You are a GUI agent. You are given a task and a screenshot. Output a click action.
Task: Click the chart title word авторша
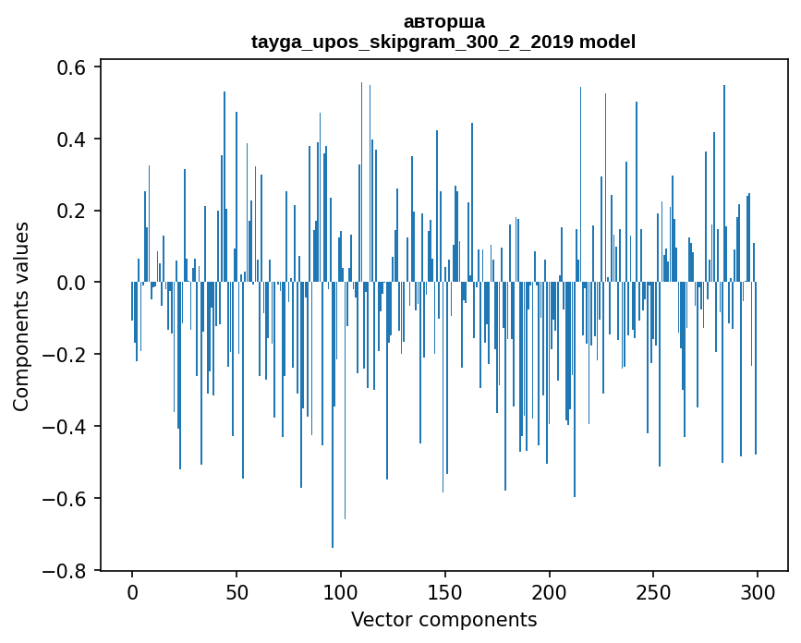443,21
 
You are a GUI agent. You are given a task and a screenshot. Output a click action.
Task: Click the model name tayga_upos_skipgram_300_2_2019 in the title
413,42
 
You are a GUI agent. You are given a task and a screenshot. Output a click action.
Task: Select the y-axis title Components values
21,316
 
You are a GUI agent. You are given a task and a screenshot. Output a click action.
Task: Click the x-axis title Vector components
443,619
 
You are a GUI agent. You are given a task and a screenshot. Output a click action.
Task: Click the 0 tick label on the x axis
132,591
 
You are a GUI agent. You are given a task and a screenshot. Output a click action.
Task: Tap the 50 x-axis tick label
237,591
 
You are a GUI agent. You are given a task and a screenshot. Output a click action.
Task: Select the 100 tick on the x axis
341,591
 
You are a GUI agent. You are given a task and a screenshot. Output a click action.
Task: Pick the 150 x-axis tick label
445,591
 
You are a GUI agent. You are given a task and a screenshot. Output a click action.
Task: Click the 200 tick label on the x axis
550,591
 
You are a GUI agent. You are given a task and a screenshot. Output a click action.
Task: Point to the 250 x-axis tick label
654,591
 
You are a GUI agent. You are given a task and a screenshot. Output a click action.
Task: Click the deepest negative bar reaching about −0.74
333,462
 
